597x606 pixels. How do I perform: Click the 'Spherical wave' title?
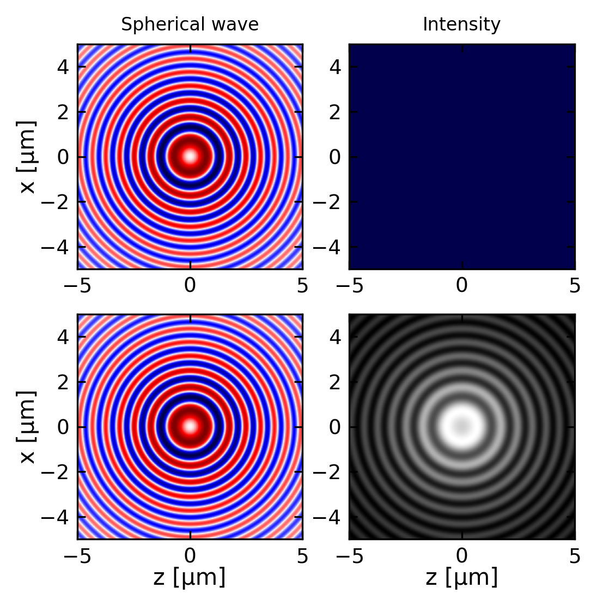[190, 25]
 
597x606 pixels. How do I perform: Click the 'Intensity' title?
[461, 25]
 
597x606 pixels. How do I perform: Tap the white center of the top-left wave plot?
[190, 156]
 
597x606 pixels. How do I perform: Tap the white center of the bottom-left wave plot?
[190, 426]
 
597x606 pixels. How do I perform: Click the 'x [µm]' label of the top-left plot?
[28, 157]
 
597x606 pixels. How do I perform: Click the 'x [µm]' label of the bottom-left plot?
[28, 427]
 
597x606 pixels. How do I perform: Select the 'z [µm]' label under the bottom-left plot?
[190, 577]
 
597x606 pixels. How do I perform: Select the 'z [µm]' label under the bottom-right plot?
[461, 577]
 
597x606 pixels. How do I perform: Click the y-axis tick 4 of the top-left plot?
[65, 67]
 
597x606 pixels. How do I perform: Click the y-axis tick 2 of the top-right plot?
[337, 112]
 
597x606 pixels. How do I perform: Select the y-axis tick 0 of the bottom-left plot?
[65, 427]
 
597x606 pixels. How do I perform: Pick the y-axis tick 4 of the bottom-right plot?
[337, 337]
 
